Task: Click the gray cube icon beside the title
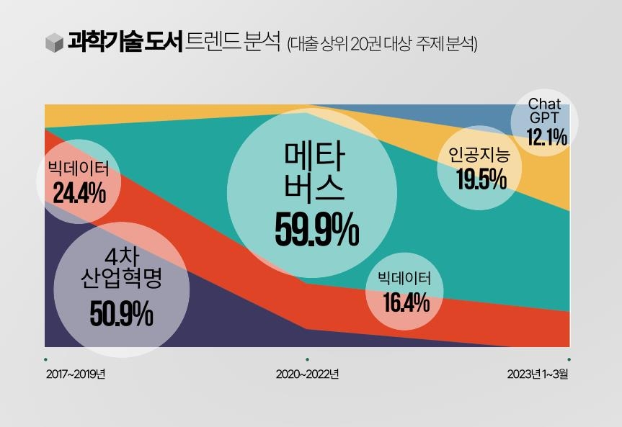(53, 42)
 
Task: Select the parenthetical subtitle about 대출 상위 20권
(382, 43)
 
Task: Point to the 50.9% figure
(122, 314)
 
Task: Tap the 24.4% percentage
(79, 194)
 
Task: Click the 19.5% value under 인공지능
(481, 179)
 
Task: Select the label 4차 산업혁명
(121, 268)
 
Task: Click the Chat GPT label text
(544, 111)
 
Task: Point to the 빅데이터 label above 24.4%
(79, 170)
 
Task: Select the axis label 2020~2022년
(307, 374)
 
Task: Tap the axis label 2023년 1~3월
(538, 374)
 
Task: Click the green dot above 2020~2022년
(308, 359)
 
